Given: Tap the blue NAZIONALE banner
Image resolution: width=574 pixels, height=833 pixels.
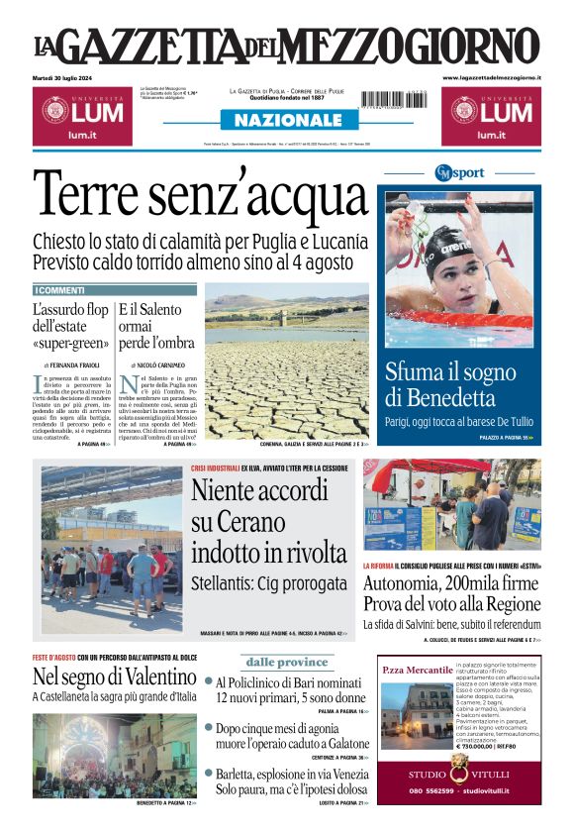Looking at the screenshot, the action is [287, 120].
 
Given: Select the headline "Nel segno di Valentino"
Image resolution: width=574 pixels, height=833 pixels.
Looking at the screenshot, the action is [114, 677].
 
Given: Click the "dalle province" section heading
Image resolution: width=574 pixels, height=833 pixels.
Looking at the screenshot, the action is [287, 662].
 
